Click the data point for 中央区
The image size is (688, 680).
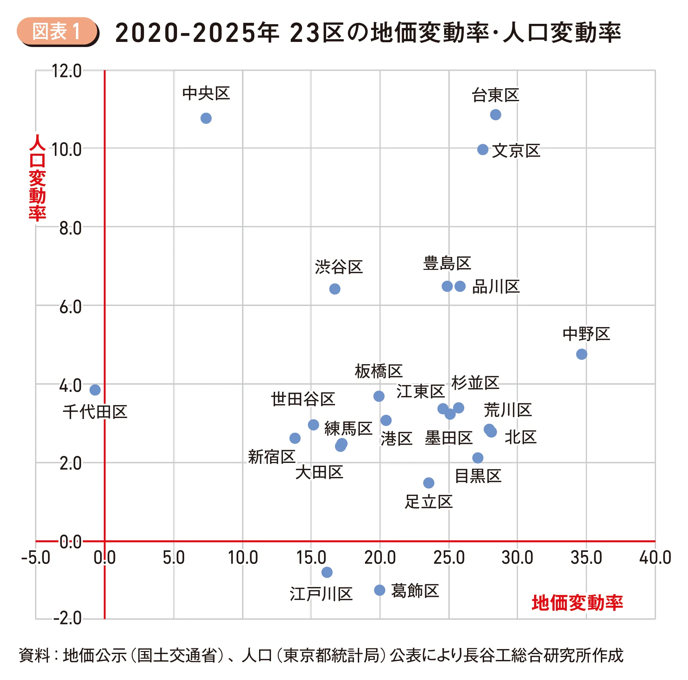coord(206,118)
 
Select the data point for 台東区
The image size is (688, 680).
coord(495,115)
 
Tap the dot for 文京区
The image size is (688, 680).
coord(482,150)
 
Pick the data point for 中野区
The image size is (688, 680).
coord(581,354)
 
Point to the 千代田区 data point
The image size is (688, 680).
coord(95,390)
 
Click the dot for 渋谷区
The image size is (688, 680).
coord(334,289)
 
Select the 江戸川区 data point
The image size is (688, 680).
coord(327,572)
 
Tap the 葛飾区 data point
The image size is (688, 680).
coord(380,590)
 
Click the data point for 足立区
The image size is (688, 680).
coord(429,483)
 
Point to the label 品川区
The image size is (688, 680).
coord(496,287)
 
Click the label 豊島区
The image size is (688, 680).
coord(447,263)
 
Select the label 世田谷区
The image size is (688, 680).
coord(303,399)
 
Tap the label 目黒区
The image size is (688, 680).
coord(478,476)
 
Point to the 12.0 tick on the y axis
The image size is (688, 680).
coord(67,71)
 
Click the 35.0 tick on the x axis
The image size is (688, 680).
coord(586,558)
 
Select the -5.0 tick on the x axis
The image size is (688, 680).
coord(36,558)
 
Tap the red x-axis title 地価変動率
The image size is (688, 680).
coord(577,603)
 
